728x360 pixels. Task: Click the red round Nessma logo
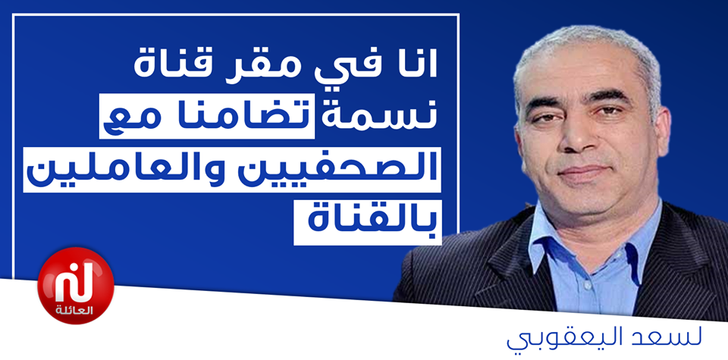76,285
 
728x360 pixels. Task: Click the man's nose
582,139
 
